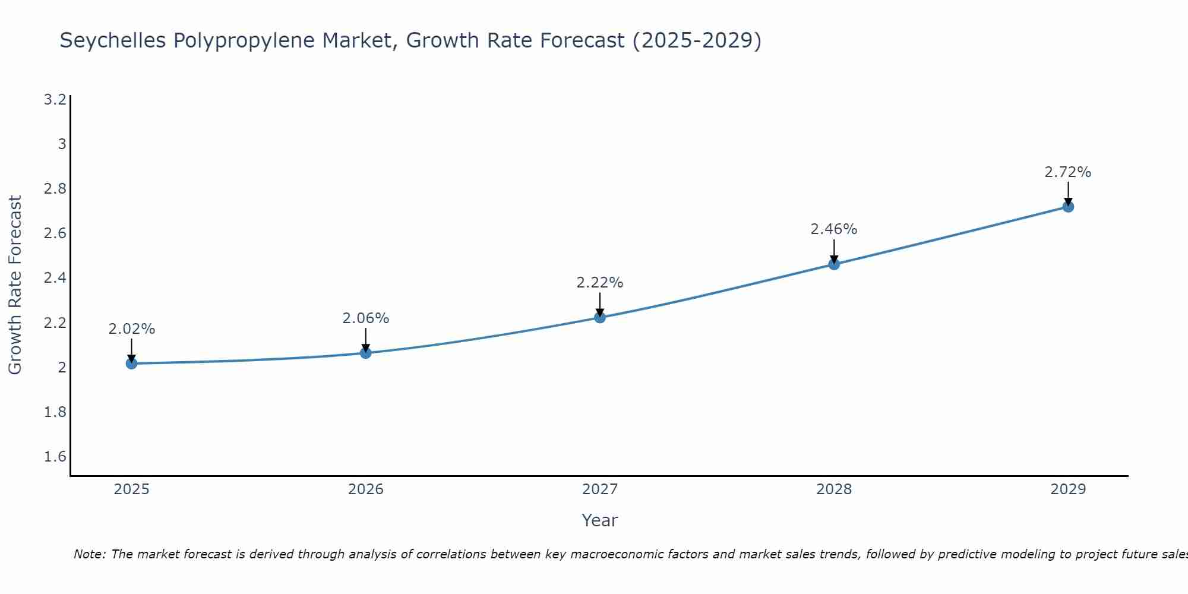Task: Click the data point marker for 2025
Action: (131, 364)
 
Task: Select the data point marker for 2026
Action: (366, 353)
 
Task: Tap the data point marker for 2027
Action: (600, 317)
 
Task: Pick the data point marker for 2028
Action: (834, 264)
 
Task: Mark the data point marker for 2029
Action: (1068, 207)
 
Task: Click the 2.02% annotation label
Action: (132, 329)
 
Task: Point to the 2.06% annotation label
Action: (366, 318)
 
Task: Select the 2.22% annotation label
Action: (600, 283)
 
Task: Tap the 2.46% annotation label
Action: (834, 229)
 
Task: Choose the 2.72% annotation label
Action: (1068, 172)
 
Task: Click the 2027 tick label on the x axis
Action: (600, 489)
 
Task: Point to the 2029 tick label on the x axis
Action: (1068, 489)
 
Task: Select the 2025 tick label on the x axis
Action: (131, 489)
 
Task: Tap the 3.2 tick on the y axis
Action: (55, 99)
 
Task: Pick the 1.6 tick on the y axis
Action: (55, 457)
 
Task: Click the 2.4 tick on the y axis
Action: (55, 278)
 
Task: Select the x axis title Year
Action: (600, 520)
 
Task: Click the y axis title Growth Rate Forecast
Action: (15, 285)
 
